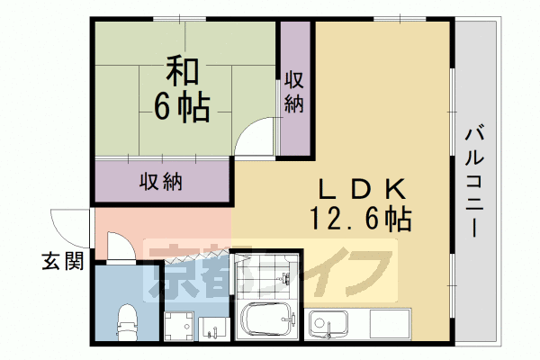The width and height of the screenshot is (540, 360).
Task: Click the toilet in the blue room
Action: coord(128,319)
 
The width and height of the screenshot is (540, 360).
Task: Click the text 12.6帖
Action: coord(360,218)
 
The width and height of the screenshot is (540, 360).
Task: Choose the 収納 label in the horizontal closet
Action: coord(161,181)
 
